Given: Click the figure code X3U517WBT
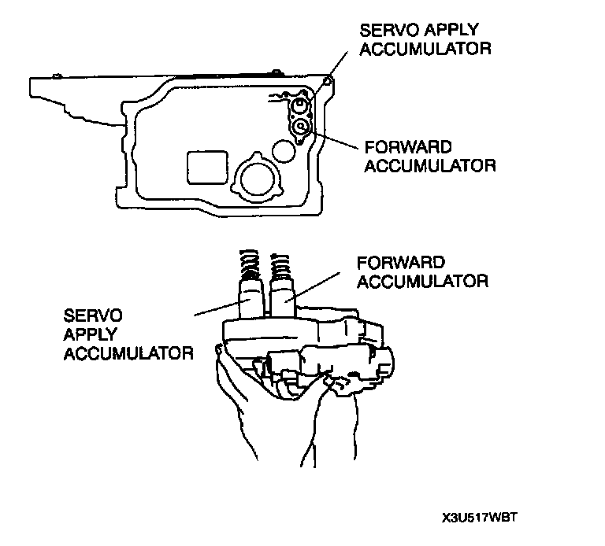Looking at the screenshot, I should pos(483,518).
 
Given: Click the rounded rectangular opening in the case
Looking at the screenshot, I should pos(205,168).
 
